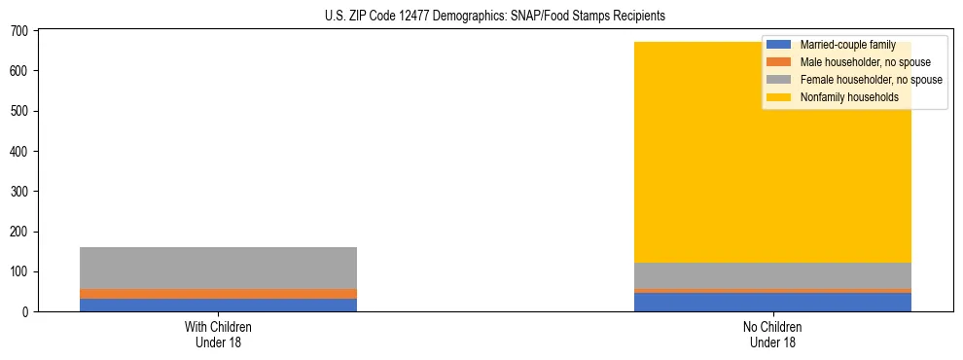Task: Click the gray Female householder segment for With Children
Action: [x=218, y=268]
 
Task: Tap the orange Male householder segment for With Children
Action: [x=218, y=294]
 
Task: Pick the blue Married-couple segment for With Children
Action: [x=218, y=306]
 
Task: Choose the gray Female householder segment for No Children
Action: [x=772, y=275]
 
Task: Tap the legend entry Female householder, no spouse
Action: [x=871, y=80]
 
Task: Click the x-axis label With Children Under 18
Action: [x=218, y=334]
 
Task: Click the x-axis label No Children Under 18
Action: [x=772, y=334]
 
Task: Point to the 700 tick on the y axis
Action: [x=23, y=31]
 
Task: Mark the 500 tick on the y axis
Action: [x=23, y=111]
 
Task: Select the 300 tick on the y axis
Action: [x=23, y=192]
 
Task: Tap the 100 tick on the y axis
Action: [x=23, y=271]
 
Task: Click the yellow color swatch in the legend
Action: [x=779, y=97]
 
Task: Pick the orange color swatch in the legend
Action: [x=779, y=62]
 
